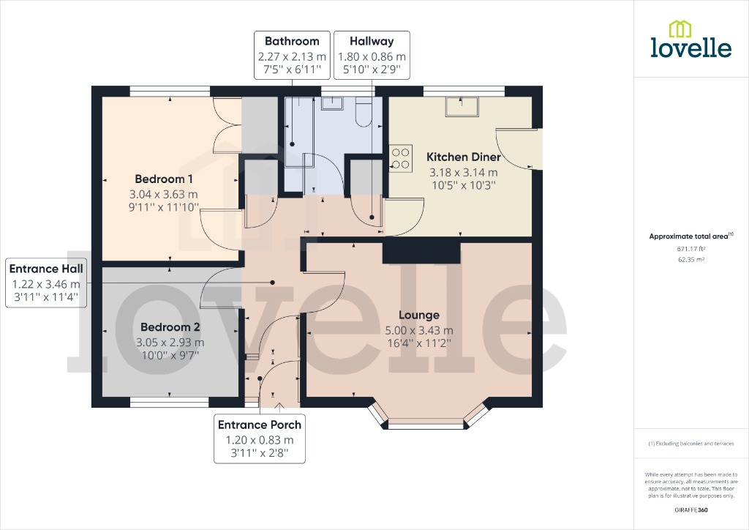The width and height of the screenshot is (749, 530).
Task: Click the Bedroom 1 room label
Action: (x=164, y=179)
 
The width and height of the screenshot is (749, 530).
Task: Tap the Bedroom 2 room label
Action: (x=170, y=327)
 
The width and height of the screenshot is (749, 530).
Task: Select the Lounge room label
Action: (x=420, y=316)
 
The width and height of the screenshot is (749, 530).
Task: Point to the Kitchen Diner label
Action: (x=464, y=157)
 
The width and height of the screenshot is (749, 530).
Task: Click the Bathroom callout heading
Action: (x=292, y=42)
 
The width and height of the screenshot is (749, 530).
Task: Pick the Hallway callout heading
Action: (x=371, y=42)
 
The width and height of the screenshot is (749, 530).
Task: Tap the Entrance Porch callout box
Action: (x=260, y=439)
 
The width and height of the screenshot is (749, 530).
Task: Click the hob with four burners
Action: (x=401, y=158)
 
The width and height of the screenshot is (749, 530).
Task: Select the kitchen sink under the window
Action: (x=460, y=107)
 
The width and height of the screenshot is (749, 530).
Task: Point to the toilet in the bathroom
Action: (x=364, y=111)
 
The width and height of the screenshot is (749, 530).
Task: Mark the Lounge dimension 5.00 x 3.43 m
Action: (x=420, y=330)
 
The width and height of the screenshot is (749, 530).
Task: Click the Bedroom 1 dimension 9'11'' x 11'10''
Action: (x=164, y=208)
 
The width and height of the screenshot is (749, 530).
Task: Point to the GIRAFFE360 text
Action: (x=691, y=510)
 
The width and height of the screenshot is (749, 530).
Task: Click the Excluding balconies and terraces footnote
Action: (x=691, y=444)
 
